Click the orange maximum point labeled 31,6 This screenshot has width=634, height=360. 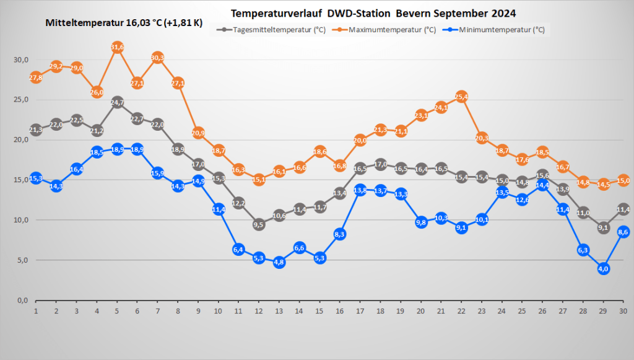coord(117,47)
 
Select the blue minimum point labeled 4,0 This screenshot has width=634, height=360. coord(604,268)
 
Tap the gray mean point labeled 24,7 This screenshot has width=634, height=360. coord(117,102)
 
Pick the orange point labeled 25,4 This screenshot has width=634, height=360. coord(461,97)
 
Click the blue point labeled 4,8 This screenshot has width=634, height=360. coord(279,262)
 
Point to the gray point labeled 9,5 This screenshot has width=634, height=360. coord(259,224)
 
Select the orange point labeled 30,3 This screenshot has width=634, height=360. coord(157,58)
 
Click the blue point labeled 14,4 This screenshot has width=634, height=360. coord(542,185)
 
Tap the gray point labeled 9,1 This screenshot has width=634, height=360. coord(604,227)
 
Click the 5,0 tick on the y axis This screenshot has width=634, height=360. coord(22,260)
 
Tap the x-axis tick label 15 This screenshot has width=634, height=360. coord(319,310)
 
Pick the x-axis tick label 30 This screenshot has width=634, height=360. coord(623,310)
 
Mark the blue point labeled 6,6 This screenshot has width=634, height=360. coord(299,248)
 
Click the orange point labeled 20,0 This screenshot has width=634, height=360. coord(360,140)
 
